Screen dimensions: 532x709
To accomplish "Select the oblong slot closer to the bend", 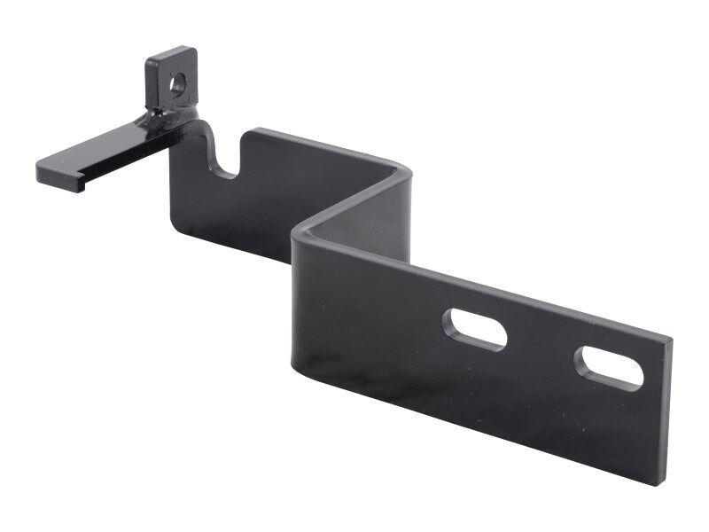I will pos(475,328).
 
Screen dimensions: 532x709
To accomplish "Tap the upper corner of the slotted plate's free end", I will pos(669,340).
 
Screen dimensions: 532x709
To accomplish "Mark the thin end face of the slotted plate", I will pos(666,412).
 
